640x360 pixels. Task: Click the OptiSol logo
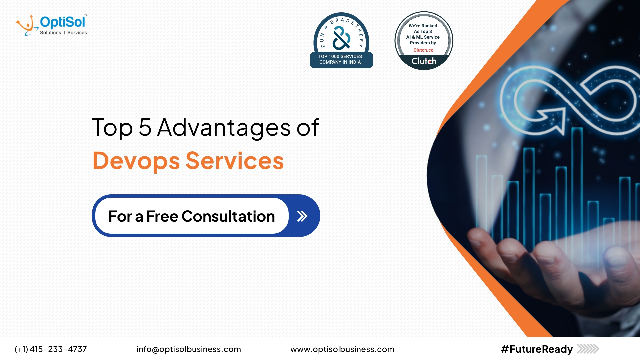(51, 25)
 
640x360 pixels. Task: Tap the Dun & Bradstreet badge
(341, 40)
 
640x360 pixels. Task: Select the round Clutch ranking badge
(424, 41)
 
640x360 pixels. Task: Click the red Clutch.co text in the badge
(423, 50)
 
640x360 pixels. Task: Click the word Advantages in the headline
(224, 128)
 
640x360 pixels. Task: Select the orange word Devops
(136, 161)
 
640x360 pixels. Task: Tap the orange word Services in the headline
(234, 161)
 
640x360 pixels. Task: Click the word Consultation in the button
(228, 216)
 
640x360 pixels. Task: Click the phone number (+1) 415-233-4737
(51, 349)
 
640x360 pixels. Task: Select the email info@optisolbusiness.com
(189, 349)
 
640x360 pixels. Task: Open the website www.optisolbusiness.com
(342, 349)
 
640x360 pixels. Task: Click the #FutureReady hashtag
(537, 349)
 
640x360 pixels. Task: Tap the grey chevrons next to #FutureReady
(588, 349)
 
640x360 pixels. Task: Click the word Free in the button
(162, 216)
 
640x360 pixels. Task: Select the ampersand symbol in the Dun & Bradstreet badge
(341, 38)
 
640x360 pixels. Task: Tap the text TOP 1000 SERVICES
(340, 56)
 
